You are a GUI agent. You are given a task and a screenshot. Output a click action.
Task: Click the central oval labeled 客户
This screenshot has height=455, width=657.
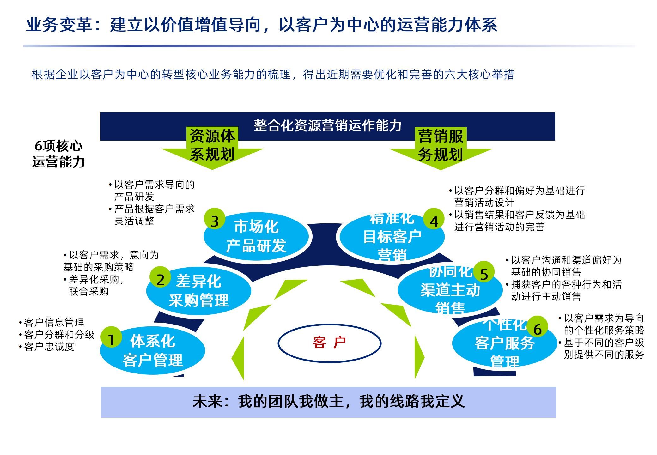tap(329, 343)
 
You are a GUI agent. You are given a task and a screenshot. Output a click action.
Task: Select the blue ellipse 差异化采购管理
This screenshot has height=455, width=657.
tap(198, 291)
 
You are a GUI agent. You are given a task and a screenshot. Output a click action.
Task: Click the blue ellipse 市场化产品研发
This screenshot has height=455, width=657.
tap(256, 236)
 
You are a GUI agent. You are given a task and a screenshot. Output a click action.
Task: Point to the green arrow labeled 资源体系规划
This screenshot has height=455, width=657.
tap(212, 149)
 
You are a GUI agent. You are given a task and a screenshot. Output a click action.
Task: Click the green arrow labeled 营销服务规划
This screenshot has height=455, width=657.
tap(441, 149)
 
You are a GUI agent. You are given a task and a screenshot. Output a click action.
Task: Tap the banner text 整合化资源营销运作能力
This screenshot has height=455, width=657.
tap(328, 125)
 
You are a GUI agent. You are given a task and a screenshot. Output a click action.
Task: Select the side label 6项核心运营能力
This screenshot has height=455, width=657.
tap(58, 154)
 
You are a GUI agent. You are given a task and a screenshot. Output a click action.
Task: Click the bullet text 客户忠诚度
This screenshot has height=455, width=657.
tap(49, 347)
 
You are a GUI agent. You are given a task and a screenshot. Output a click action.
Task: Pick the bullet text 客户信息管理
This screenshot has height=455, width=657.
tap(54, 322)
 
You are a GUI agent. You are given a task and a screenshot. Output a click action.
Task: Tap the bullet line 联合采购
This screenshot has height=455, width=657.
tap(88, 291)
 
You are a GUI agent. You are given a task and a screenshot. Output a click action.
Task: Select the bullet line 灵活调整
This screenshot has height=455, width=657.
tap(134, 221)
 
